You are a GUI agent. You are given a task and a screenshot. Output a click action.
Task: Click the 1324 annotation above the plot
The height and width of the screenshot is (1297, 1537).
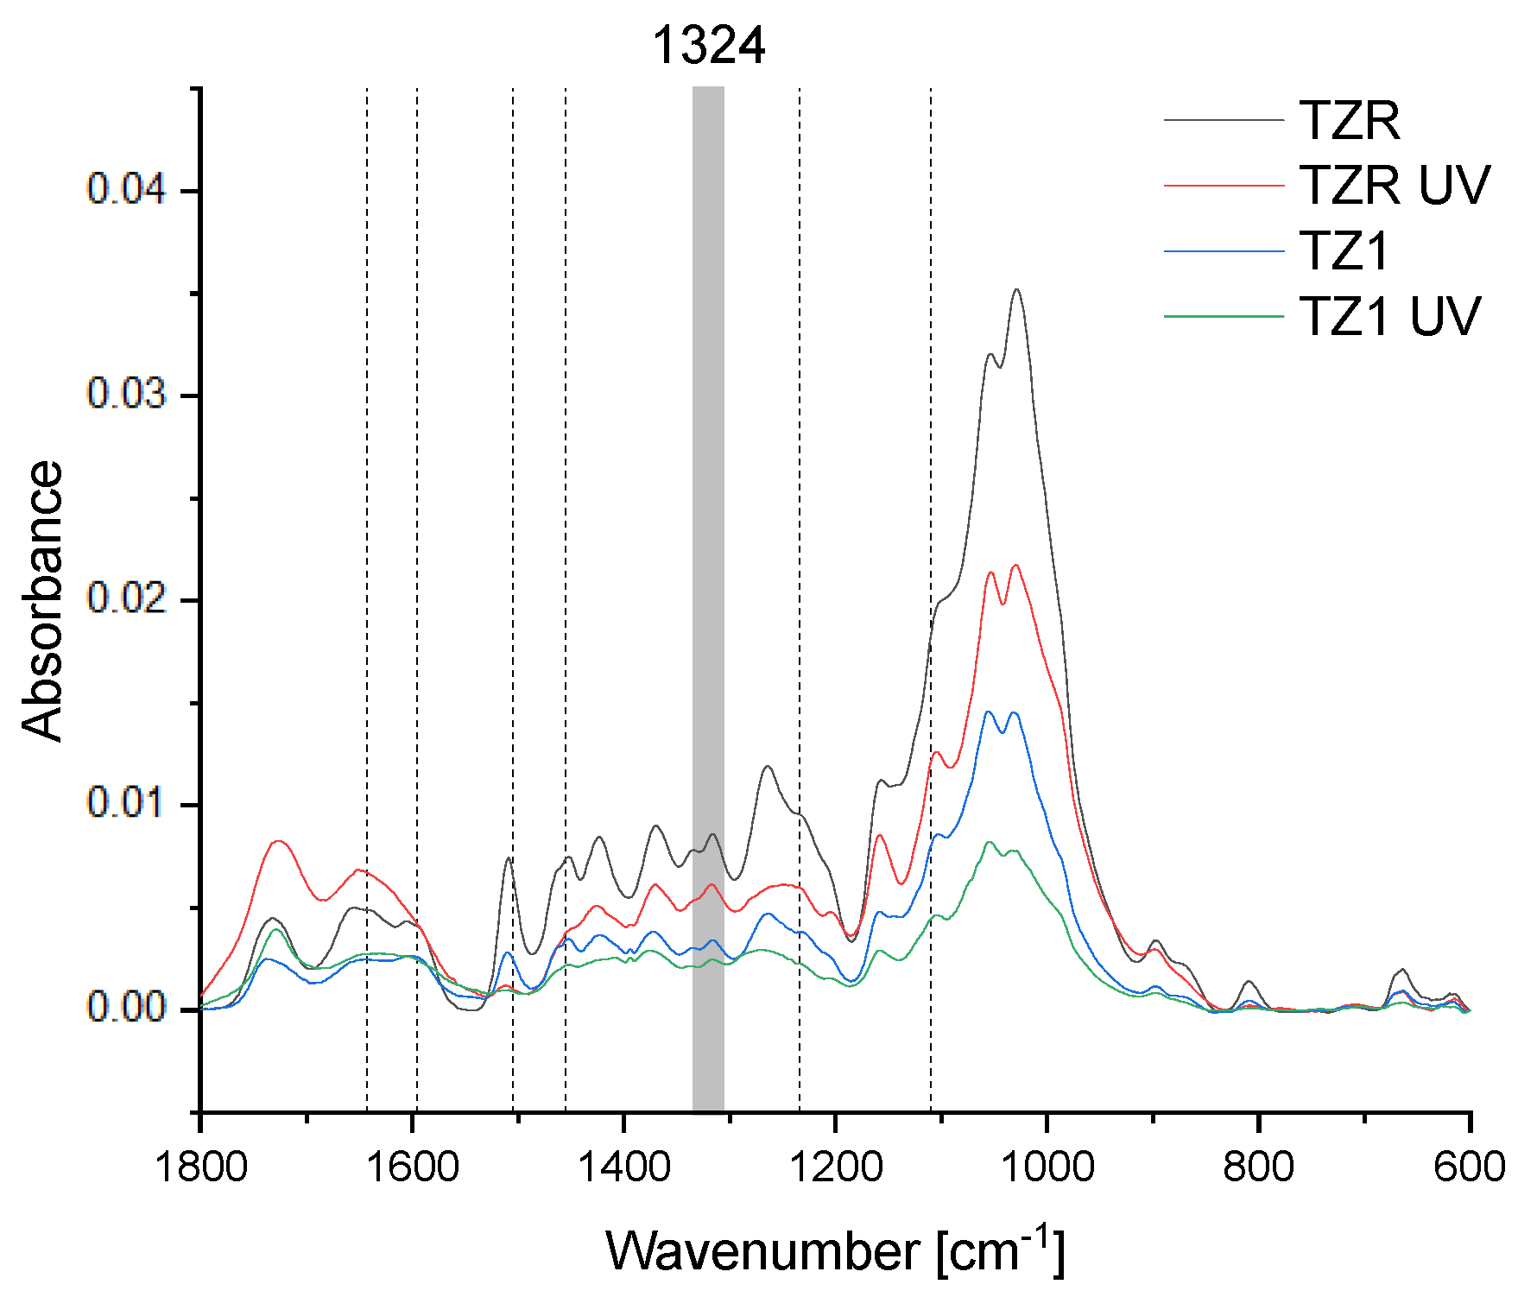point(708,46)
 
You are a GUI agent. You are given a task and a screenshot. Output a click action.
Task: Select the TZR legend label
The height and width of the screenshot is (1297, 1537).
point(1349,120)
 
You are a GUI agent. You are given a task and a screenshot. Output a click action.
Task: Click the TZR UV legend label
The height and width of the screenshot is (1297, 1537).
point(1395,185)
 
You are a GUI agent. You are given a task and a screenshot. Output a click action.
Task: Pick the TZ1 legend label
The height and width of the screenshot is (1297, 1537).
point(1344,250)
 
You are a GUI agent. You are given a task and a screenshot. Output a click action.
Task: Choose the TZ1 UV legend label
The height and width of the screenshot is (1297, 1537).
point(1389,316)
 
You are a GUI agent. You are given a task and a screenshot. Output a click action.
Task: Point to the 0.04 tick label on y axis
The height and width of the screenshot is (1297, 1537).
point(126,189)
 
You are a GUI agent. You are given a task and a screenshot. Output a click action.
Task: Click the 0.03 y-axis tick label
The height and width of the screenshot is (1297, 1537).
point(126,394)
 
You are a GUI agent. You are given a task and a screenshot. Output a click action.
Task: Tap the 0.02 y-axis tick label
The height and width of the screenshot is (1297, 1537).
point(126,598)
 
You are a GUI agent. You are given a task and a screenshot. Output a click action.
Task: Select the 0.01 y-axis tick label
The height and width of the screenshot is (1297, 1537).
point(126,803)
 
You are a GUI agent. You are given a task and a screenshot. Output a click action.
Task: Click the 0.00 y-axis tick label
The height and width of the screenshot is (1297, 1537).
point(126,1008)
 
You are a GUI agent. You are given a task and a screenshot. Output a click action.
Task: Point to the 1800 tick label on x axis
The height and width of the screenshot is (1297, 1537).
point(200,1167)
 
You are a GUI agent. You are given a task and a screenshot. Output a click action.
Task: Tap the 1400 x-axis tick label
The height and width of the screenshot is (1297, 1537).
point(623,1167)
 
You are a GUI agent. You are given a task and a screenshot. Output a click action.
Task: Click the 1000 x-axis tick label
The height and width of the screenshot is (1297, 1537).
point(1047,1167)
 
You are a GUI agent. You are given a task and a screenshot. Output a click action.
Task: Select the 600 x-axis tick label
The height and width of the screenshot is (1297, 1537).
point(1469,1167)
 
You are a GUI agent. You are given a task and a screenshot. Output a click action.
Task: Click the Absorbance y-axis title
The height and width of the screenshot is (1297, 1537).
point(43,600)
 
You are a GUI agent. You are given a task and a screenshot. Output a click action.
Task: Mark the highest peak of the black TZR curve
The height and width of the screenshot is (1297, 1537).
point(1016,290)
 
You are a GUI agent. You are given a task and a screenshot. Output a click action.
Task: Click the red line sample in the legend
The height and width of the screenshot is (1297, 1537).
point(1224,185)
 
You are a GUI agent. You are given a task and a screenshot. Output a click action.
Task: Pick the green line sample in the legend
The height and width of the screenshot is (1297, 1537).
point(1224,316)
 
